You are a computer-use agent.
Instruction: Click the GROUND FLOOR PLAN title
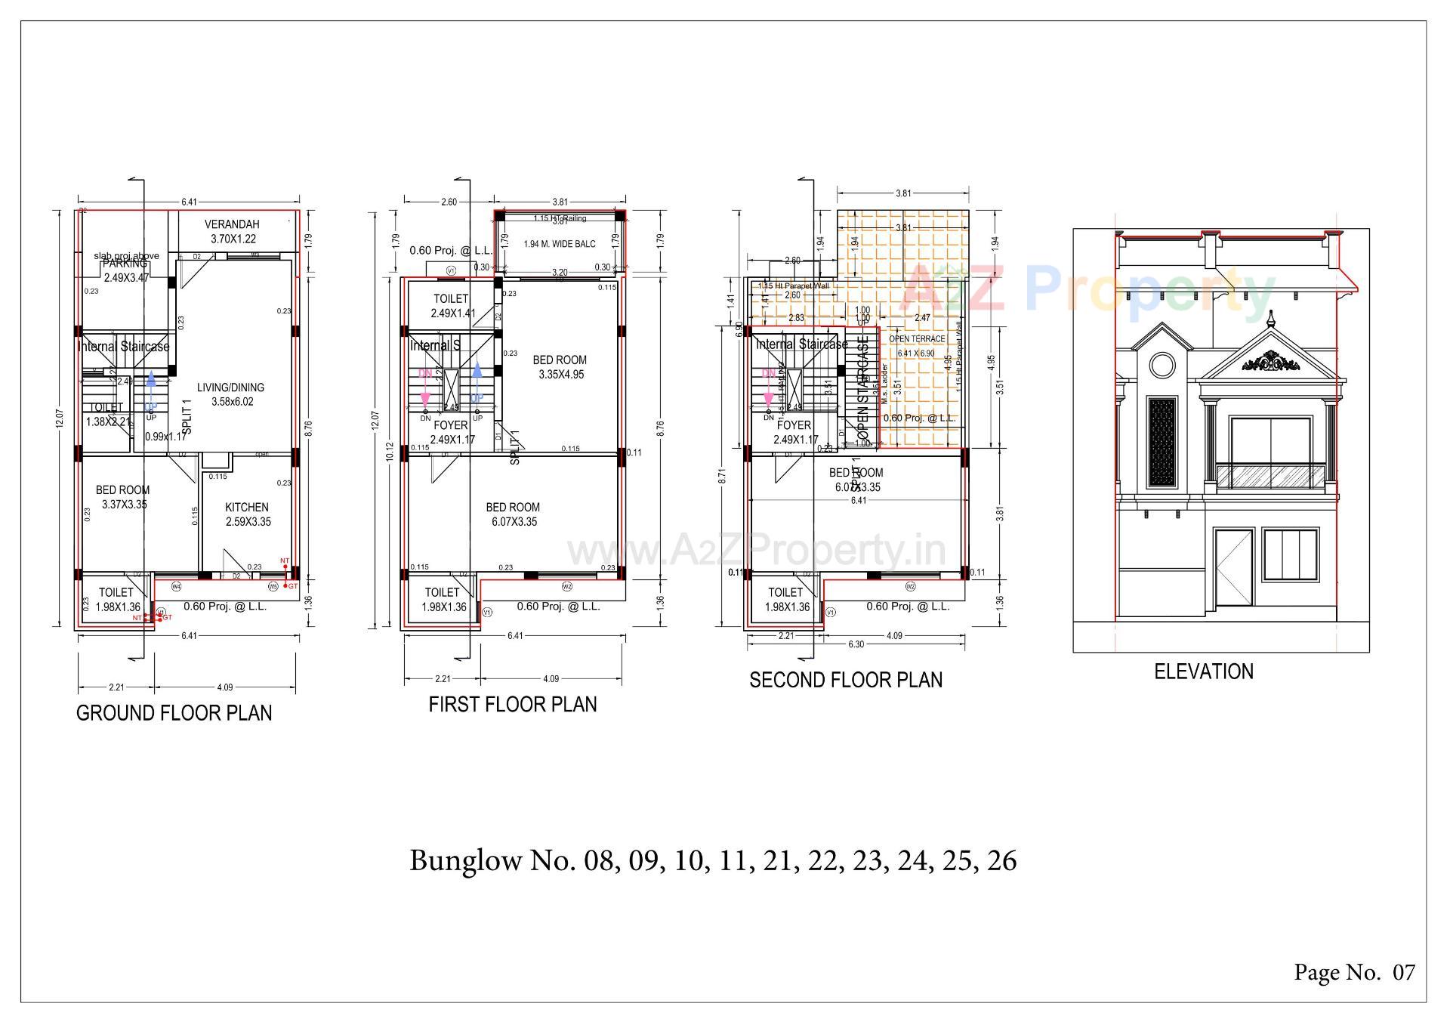coord(174,713)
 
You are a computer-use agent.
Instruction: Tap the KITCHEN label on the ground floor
coord(247,508)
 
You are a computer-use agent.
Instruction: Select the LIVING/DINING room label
coord(230,387)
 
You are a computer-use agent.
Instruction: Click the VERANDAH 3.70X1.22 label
coord(232,231)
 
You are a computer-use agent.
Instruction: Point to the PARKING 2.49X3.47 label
coord(126,270)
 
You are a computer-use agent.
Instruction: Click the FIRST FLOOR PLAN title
coord(512,704)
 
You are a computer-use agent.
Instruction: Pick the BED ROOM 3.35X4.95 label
coord(560,367)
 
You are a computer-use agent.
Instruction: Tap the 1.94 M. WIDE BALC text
coord(559,244)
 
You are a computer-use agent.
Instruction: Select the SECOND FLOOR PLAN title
coord(845,680)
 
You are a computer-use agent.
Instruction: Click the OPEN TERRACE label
coord(917,339)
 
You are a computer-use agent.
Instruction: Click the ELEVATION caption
coord(1203,671)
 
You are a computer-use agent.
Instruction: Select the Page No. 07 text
coord(1354,972)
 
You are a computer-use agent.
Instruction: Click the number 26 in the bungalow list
coord(1001,860)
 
